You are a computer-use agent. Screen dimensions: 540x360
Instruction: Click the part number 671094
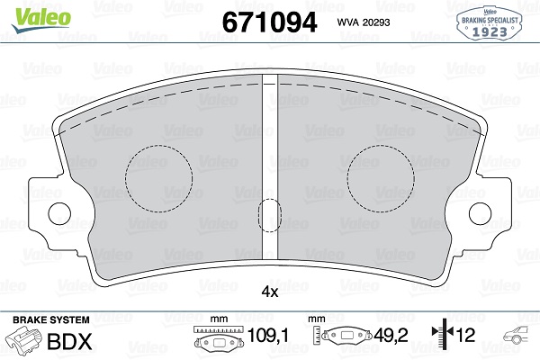coord(269,22)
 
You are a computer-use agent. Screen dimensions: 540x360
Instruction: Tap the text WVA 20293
coord(364,22)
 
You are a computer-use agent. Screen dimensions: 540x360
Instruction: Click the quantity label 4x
coord(270,292)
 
